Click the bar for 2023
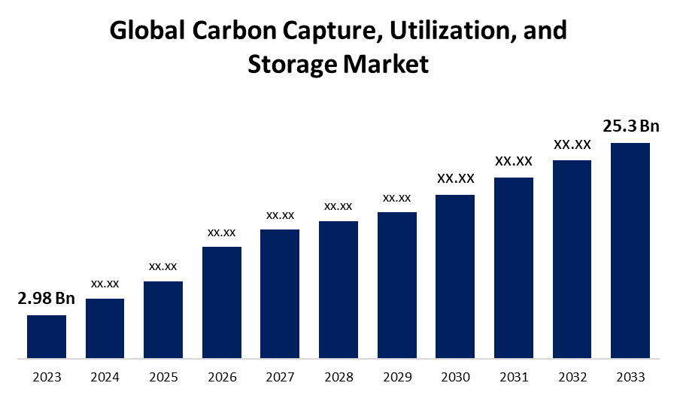tap(47, 336)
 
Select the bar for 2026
tap(222, 302)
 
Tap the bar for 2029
tap(396, 284)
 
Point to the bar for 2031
tap(513, 267)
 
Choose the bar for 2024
tap(105, 328)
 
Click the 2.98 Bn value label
tap(46, 299)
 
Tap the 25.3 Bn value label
tap(630, 126)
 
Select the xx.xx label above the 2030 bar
tap(455, 178)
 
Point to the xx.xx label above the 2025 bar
tap(163, 266)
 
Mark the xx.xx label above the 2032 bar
tap(572, 144)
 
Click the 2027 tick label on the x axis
tap(280, 377)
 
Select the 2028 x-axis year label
tap(338, 377)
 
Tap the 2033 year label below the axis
tap(630, 377)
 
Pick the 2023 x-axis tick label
tap(47, 377)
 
